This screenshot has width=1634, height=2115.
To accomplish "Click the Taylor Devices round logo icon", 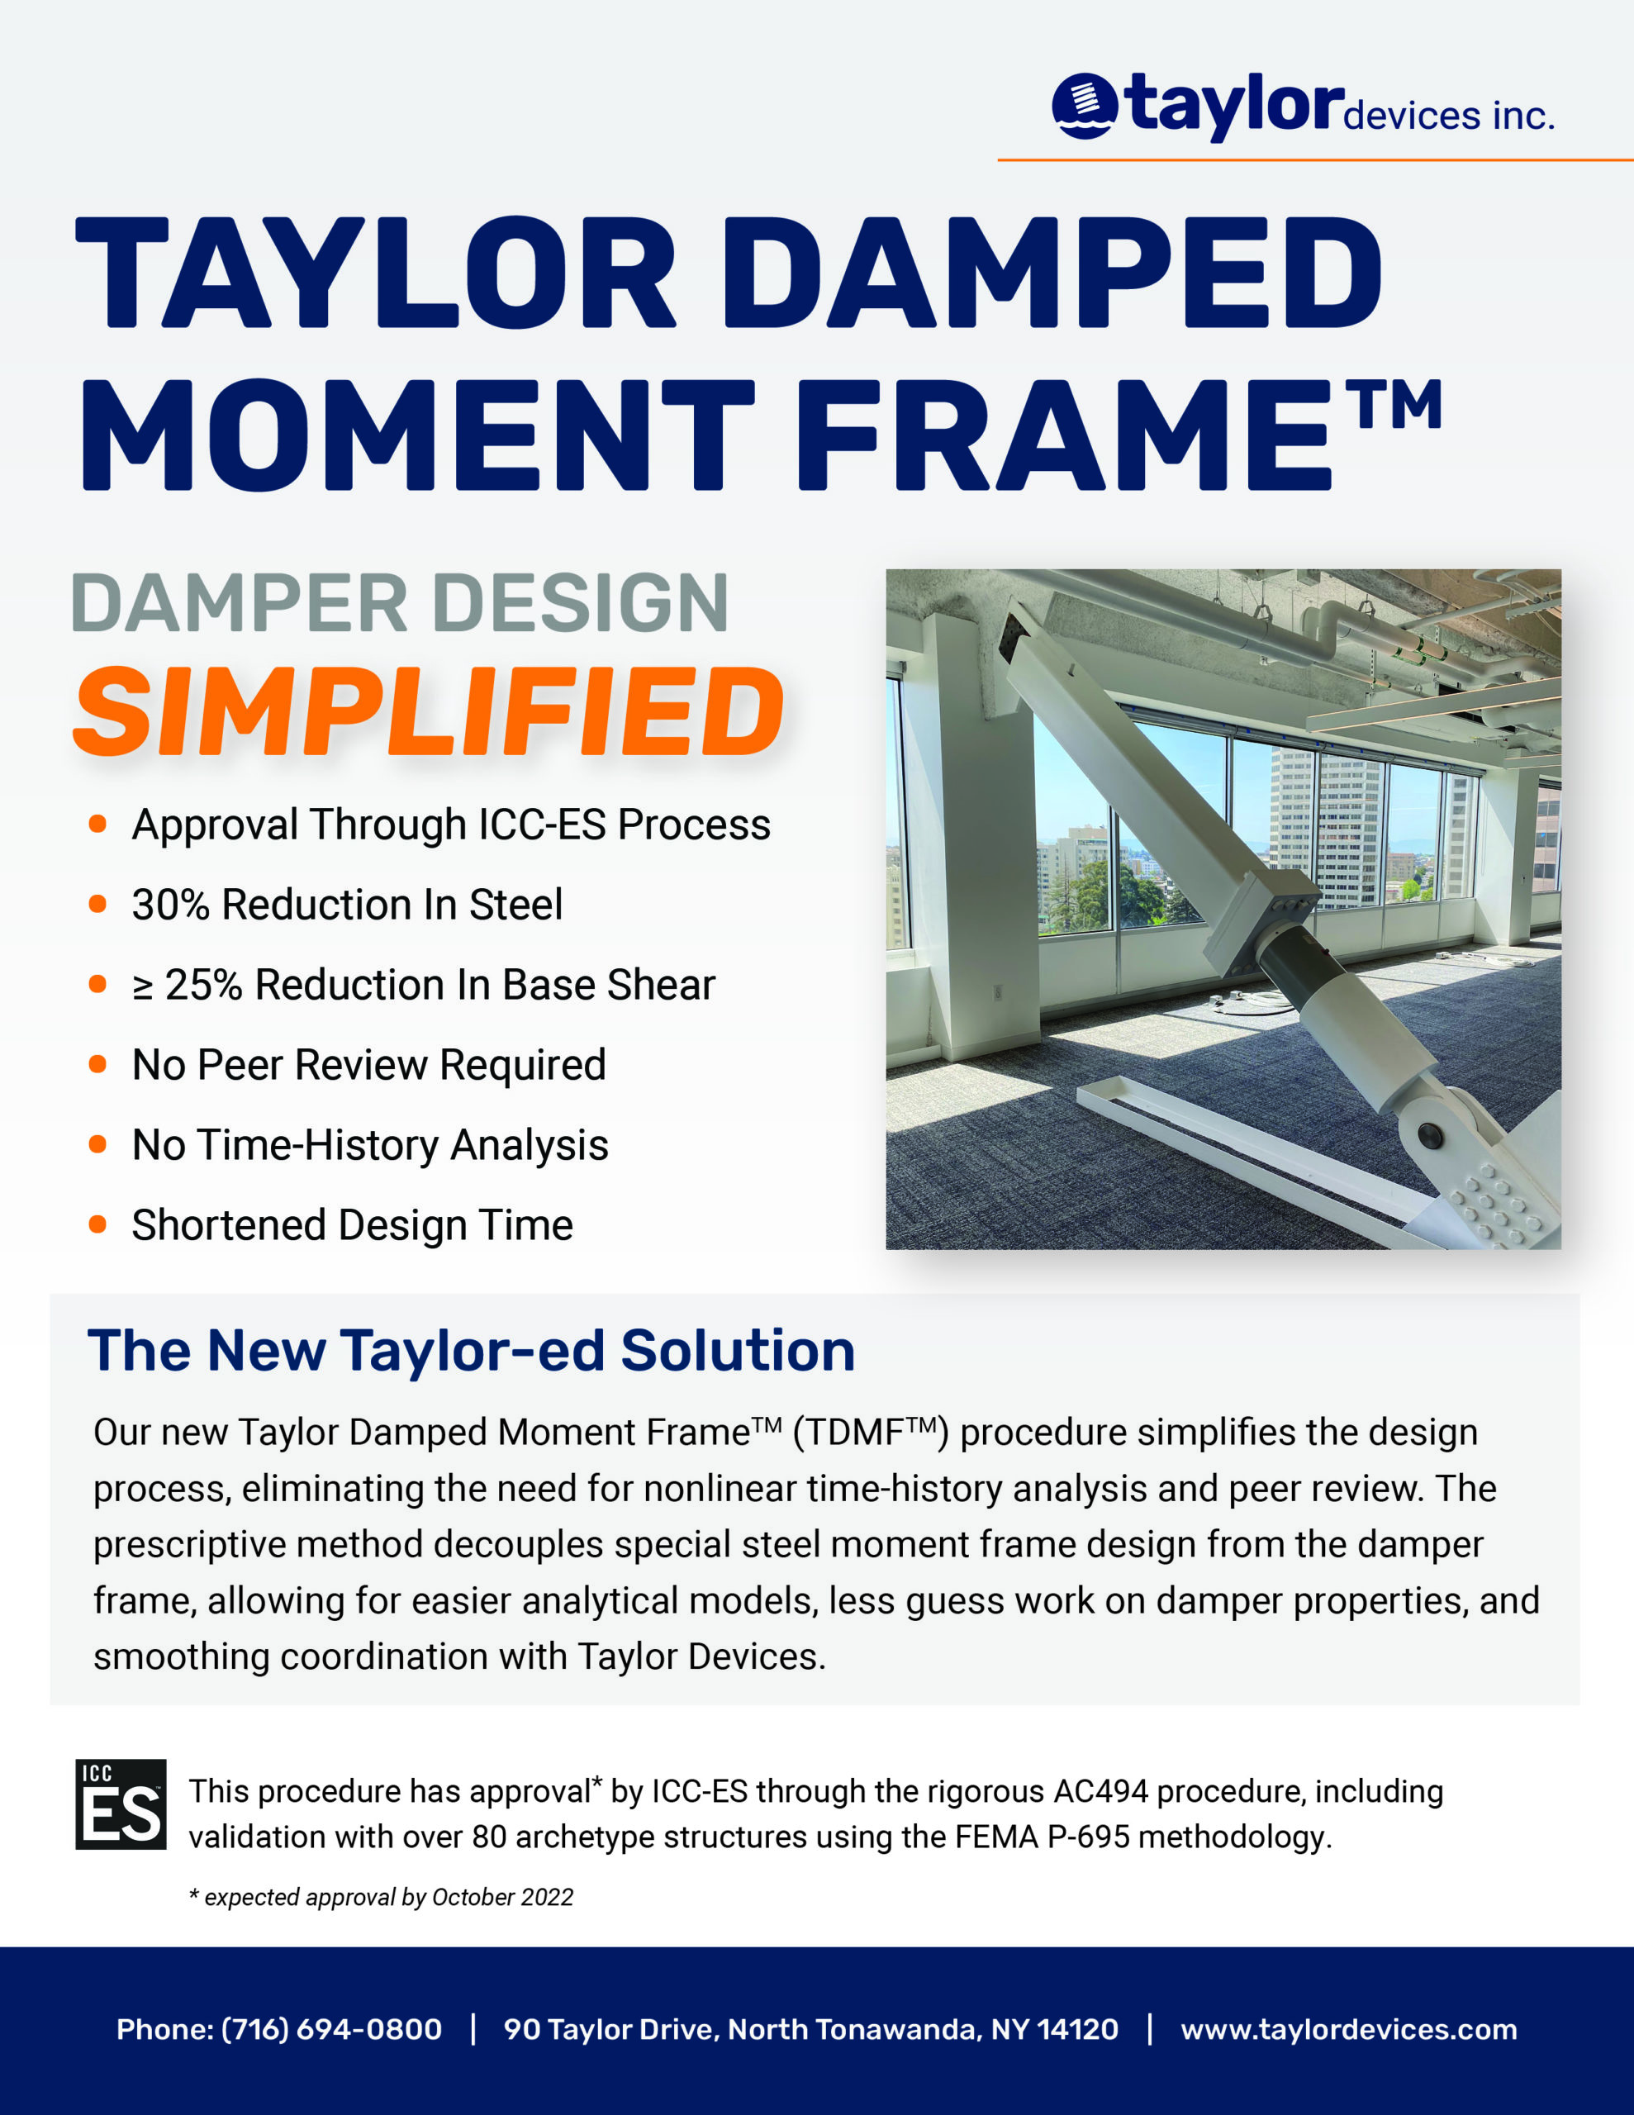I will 1084,106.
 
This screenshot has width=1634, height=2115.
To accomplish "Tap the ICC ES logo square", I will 121,1804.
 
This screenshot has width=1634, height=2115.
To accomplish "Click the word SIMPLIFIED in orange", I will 428,713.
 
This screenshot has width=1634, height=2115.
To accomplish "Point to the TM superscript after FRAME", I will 1399,406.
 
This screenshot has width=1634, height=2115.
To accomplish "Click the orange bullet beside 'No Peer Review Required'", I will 97,1064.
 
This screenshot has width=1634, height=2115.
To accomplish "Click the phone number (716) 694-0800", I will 331,2029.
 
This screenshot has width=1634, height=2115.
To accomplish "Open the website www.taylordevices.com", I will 1348,2029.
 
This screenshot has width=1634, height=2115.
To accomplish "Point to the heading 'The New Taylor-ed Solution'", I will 471,1350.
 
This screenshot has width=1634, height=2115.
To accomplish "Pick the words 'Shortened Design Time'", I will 353,1225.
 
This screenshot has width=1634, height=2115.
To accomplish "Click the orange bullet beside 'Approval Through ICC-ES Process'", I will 97,825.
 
